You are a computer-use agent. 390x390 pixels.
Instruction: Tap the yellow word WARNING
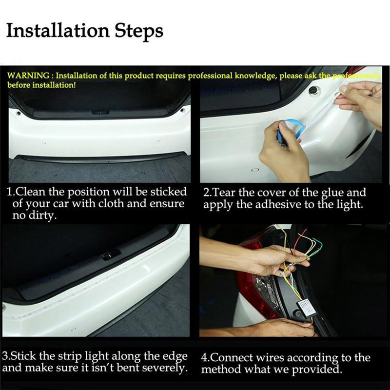click(x=29, y=76)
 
